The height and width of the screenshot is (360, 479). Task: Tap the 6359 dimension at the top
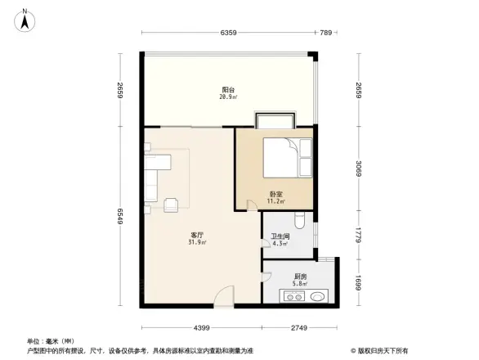pyautogui.click(x=229, y=33)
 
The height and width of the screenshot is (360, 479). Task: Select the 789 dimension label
pyautogui.click(x=326, y=33)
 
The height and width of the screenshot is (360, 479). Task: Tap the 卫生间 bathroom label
pyautogui.click(x=280, y=240)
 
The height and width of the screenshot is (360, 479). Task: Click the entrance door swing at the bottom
pyautogui.click(x=224, y=297)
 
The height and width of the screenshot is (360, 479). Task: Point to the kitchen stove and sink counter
pyautogui.click(x=306, y=296)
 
